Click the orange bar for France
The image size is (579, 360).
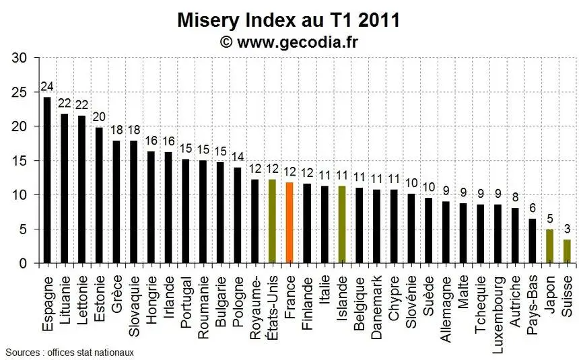point(289,223)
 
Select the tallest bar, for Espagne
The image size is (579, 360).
point(47,180)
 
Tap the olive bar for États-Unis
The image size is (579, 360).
point(272,221)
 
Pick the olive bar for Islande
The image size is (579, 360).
point(341,225)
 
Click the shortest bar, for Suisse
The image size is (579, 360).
point(567,252)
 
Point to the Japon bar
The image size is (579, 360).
point(549,246)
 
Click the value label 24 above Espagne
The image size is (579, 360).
point(47,86)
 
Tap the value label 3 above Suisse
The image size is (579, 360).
point(567,229)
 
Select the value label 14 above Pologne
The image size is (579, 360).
point(238,157)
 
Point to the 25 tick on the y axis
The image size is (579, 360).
point(19,92)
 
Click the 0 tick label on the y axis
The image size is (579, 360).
point(23,263)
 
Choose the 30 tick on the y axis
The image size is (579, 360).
point(19,58)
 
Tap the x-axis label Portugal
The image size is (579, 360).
point(186,302)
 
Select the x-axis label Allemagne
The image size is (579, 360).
point(446,310)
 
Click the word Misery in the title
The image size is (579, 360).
point(208,20)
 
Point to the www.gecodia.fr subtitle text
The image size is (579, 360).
point(298,42)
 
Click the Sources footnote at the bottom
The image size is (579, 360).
point(70,353)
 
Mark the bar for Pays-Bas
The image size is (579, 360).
point(532,241)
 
